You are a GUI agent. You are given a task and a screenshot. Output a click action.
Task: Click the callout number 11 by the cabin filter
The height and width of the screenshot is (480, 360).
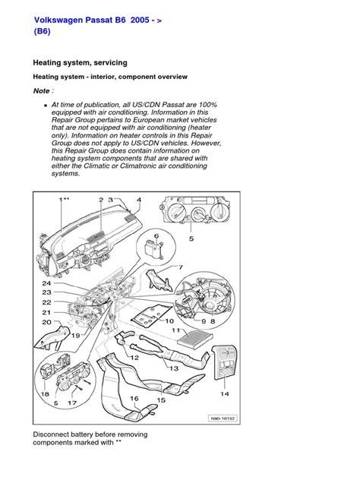(x=175, y=330)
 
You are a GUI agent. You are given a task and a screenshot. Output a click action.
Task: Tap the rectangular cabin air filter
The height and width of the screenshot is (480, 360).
(x=195, y=338)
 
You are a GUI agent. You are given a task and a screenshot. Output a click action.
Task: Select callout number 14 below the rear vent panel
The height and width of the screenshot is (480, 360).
(x=224, y=393)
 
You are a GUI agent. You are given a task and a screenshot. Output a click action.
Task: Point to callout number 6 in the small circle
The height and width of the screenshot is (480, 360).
(x=156, y=235)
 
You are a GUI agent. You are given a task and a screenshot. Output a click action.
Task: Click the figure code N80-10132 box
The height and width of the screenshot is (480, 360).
(x=223, y=418)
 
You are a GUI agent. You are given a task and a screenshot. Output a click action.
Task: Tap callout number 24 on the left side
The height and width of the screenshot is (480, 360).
(x=46, y=283)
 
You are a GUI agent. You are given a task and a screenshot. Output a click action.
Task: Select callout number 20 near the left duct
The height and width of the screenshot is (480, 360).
(x=46, y=322)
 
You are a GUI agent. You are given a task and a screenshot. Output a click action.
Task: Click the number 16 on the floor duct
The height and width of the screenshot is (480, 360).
(x=134, y=399)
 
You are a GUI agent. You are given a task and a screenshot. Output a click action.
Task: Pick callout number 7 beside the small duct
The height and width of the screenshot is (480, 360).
(x=181, y=267)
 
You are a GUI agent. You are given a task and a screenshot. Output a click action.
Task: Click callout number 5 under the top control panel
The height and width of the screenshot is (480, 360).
(x=191, y=238)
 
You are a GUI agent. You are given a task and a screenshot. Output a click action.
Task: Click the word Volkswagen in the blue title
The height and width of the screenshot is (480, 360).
(x=58, y=21)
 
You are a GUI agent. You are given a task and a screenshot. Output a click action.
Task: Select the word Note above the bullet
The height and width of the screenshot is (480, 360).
(x=41, y=91)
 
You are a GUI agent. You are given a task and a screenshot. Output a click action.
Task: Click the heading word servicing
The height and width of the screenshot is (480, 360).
(x=111, y=63)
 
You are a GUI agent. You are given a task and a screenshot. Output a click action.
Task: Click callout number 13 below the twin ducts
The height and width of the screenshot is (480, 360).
(x=174, y=368)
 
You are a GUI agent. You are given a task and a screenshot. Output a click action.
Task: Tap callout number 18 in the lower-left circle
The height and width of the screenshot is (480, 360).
(x=45, y=394)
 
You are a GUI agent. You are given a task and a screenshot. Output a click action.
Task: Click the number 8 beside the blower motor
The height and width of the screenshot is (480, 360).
(x=213, y=321)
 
